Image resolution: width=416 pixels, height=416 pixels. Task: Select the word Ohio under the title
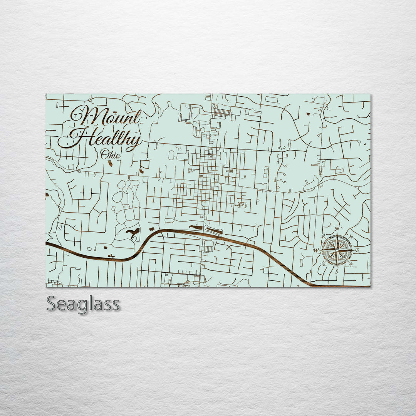click(x=111, y=155)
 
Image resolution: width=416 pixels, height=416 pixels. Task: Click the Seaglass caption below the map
click(x=83, y=304)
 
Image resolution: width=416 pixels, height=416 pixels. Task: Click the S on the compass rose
click(x=336, y=272)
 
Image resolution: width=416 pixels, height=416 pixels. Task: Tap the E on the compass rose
click(x=357, y=251)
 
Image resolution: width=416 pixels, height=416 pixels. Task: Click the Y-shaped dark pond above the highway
click(x=133, y=233)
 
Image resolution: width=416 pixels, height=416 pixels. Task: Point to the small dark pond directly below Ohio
click(x=110, y=164)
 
